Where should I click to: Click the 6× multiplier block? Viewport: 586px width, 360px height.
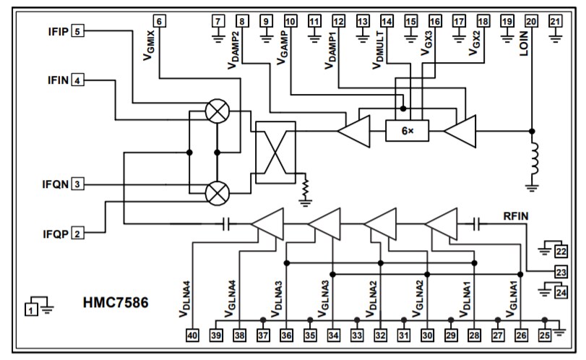[x=407, y=131]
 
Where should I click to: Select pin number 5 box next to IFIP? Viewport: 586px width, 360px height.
[x=77, y=30]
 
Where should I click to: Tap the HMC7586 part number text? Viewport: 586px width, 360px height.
[x=116, y=302]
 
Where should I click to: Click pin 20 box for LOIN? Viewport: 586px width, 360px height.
[x=531, y=21]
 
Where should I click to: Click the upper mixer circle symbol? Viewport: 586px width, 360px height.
[x=217, y=110]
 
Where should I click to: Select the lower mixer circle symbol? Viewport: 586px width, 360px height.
[x=217, y=192]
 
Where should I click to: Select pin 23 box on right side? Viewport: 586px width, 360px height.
[x=561, y=272]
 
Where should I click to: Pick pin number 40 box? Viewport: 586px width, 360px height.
[x=192, y=335]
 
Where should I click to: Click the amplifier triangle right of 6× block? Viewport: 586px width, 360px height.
[x=461, y=132]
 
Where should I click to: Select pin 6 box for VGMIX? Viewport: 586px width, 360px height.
[x=159, y=21]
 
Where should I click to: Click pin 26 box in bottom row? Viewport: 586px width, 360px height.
[x=521, y=335]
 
